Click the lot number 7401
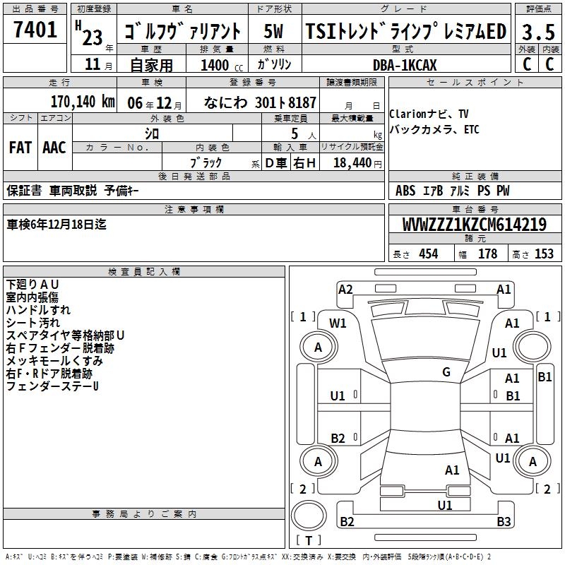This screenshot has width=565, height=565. (x=35, y=30)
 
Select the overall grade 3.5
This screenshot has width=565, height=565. (x=538, y=32)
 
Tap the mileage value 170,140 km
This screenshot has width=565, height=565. (x=83, y=102)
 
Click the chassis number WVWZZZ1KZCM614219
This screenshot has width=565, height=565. (x=474, y=225)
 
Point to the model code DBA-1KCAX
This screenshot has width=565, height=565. (x=405, y=65)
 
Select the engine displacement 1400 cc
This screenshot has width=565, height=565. (x=222, y=65)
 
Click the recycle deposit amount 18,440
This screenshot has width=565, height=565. (x=352, y=163)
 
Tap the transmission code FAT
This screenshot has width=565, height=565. (x=20, y=148)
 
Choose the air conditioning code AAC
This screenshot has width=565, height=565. (x=54, y=148)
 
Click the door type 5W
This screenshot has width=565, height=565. (x=273, y=31)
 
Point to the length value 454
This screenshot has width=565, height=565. (x=429, y=254)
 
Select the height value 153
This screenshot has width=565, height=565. (x=544, y=254)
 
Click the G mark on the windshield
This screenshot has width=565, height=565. (x=446, y=372)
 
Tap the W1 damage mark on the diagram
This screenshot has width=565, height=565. (x=338, y=323)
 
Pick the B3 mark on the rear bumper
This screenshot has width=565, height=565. (x=504, y=521)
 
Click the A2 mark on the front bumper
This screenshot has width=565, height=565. (x=345, y=290)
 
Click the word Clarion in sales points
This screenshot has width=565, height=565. (x=408, y=114)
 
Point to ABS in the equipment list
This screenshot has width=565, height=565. (x=405, y=190)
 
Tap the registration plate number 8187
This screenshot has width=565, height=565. (x=302, y=102)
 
